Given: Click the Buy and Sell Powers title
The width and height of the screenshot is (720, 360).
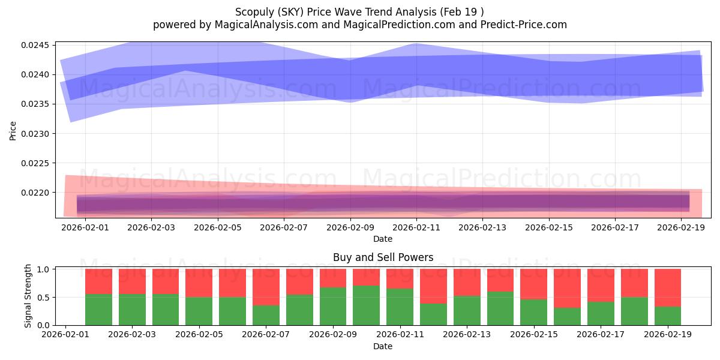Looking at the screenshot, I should point(383,257).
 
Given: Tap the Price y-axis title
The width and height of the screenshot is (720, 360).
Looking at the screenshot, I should point(13,130).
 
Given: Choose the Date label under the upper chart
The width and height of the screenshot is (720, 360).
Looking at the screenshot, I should point(383,239).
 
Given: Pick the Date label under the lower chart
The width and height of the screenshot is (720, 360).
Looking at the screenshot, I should point(383,346).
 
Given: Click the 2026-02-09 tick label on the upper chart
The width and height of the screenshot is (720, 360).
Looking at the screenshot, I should point(350,227).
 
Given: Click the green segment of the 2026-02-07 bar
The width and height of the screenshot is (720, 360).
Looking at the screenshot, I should point(266,315).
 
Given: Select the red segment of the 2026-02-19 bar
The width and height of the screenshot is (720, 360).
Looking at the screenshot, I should point(667,288).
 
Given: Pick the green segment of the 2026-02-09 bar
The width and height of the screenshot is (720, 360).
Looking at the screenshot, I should point(332,306).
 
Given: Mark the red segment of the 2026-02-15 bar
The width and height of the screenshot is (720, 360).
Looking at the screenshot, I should point(533,284).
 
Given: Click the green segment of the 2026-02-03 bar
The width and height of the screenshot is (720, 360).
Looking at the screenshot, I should point(132,310).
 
